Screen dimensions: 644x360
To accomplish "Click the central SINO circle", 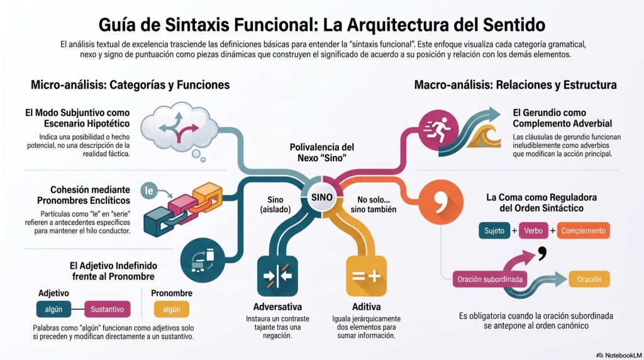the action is coord(321,197).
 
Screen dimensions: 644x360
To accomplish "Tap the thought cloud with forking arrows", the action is coord(179,128).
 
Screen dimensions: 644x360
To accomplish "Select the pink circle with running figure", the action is coord(438,130).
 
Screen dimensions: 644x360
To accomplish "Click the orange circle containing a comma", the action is coord(441,202).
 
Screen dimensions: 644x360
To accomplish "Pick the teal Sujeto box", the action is coord(494,230).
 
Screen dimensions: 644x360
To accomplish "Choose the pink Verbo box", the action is coord(533,230).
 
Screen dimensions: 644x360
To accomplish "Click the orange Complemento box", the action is coord(583,230).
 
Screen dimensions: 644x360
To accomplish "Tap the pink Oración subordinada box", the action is coord(490,279).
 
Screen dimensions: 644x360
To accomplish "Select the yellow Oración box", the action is coord(589,279).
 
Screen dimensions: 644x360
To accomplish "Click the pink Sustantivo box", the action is coord(107,310).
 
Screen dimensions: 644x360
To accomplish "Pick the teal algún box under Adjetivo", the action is coord(53,310).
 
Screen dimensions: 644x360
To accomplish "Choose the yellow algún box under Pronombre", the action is coord(171,310).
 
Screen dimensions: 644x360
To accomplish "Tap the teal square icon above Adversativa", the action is coord(277,276).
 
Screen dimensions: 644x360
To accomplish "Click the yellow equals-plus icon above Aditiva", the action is coord(367,276).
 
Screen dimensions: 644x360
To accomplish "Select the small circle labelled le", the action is coord(148,191).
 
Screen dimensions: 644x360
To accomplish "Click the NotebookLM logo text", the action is coord(619,355).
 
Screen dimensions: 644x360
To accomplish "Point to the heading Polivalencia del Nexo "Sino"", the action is coord(321,152).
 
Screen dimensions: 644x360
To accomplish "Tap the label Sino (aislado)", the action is coord(275,205).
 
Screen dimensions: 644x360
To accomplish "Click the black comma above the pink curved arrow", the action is coord(542,253).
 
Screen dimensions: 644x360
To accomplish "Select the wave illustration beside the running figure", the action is coord(485,136).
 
